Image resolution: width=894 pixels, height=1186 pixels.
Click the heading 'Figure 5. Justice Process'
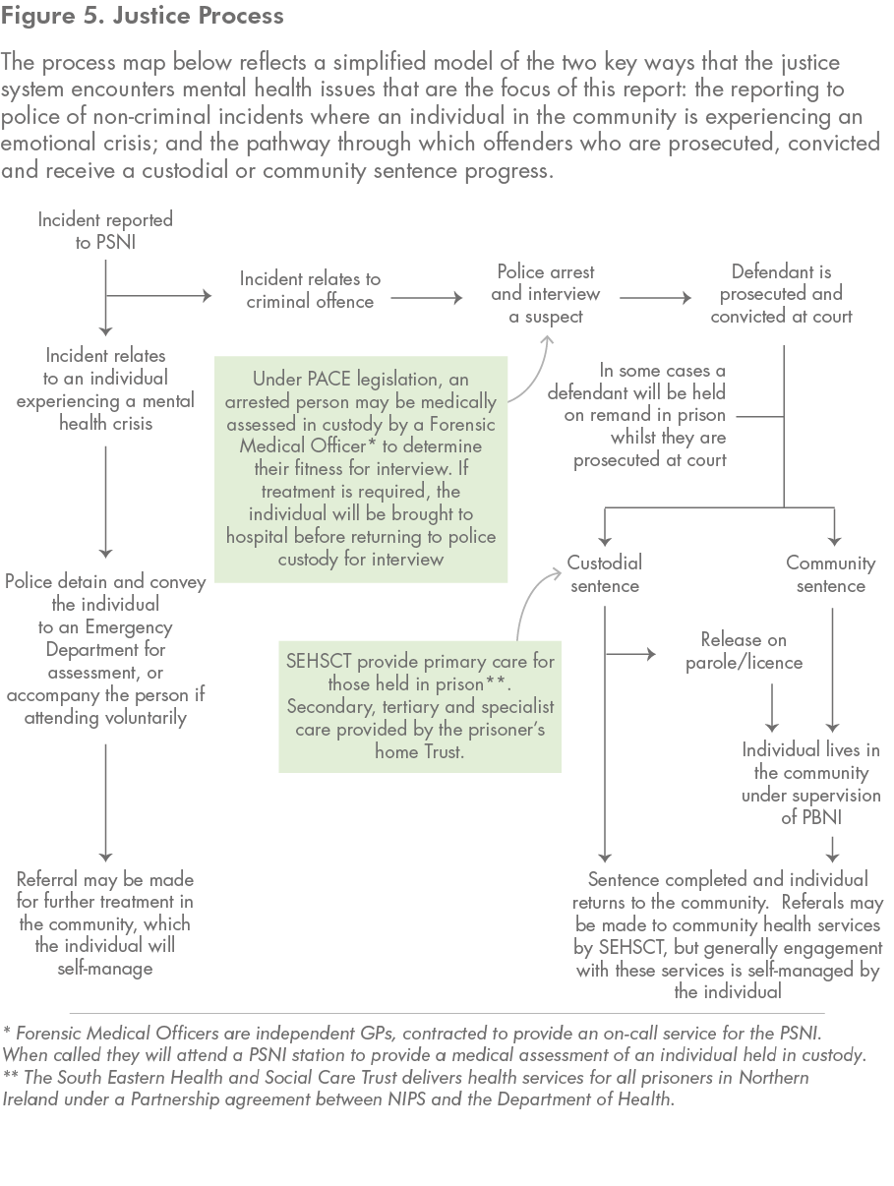[144, 17]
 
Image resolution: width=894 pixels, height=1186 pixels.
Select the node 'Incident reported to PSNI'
[105, 230]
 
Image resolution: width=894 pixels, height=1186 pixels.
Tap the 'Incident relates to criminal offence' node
[310, 291]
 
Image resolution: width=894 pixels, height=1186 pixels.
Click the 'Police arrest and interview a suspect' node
[546, 294]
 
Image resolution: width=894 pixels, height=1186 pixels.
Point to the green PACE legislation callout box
[361, 470]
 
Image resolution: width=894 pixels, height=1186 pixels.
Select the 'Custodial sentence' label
[604, 574]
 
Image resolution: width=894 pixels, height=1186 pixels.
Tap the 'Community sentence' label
[831, 574]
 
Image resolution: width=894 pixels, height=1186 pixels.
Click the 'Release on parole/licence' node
[744, 651]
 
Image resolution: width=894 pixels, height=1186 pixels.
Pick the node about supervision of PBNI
[810, 783]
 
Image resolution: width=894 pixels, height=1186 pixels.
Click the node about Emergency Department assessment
[105, 650]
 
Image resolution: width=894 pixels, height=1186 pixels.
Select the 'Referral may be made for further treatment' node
[105, 923]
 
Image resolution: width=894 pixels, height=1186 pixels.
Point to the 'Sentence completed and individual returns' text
[728, 934]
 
